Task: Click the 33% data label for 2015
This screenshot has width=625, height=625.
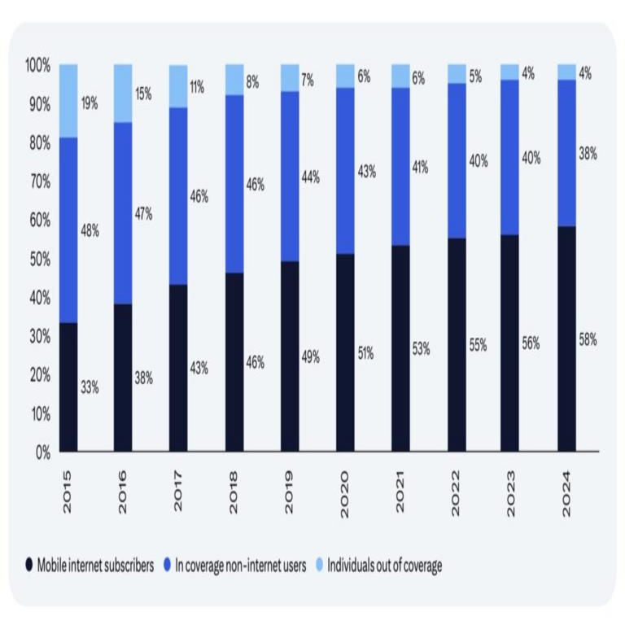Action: [x=90, y=387]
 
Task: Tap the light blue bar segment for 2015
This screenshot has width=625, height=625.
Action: [x=68, y=101]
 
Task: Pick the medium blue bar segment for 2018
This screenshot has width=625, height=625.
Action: [x=234, y=184]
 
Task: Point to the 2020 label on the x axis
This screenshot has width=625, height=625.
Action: [x=345, y=492]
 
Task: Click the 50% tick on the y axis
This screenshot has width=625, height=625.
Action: [x=38, y=260]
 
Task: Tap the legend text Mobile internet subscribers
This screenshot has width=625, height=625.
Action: [x=95, y=566]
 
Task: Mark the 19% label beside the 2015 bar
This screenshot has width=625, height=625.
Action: [x=90, y=103]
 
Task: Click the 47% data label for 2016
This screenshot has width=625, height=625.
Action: [x=143, y=214]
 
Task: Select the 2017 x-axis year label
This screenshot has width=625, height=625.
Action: [x=179, y=492]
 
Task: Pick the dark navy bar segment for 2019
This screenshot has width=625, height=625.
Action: [x=290, y=356]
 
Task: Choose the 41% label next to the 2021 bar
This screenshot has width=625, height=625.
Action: [x=420, y=168]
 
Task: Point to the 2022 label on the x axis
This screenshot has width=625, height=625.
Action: [x=456, y=492]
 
